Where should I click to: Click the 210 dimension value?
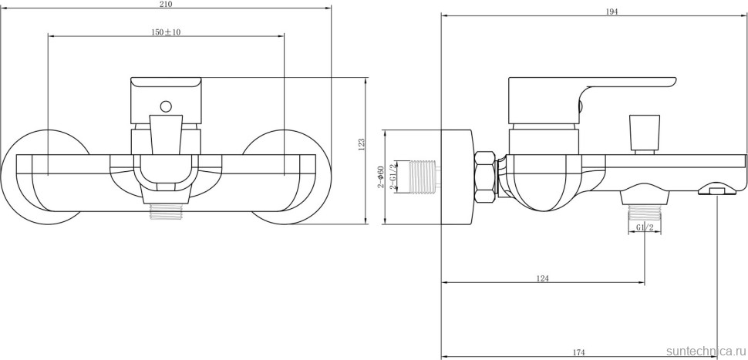(167, 4)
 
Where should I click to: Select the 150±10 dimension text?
(167, 32)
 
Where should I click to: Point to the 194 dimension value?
(591, 11)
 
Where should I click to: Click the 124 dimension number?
(542, 278)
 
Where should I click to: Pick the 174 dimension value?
(578, 352)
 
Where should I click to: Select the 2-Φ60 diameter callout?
(381, 177)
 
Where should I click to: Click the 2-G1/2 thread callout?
(394, 177)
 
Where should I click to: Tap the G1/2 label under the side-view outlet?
(645, 227)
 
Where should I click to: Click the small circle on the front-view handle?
(166, 106)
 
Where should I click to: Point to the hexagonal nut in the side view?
(486, 176)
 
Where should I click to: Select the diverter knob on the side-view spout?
(645, 133)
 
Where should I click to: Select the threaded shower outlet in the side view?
(645, 210)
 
